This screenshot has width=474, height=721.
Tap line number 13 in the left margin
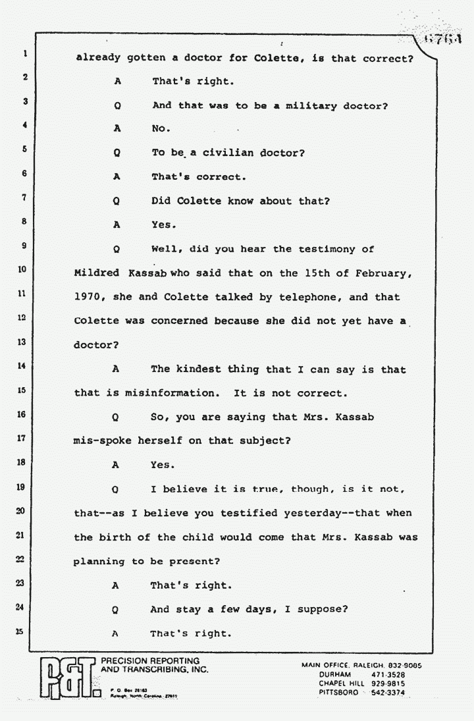tap(22, 342)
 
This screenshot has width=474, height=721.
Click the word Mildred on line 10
tap(96, 273)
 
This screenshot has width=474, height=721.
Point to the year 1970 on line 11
tap(90, 298)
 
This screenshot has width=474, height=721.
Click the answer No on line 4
tap(161, 130)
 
